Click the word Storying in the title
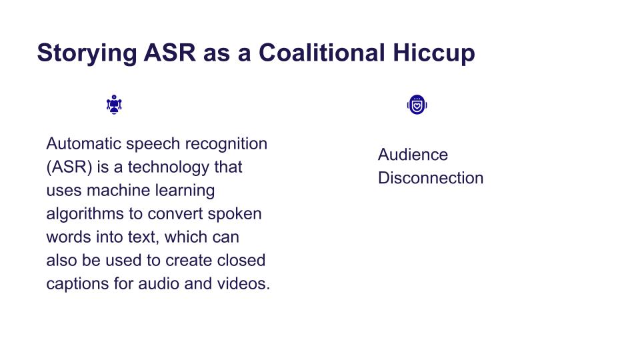click(87, 53)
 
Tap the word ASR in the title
click(169, 53)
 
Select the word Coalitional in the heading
click(322, 53)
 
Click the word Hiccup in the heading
click(434, 53)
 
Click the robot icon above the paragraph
click(114, 105)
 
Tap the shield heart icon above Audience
click(417, 105)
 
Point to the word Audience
click(413, 155)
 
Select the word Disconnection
click(431, 178)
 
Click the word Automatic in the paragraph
click(84, 144)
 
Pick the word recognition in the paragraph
click(226, 144)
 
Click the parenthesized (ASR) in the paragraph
click(69, 167)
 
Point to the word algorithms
click(85, 214)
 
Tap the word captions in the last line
click(77, 284)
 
